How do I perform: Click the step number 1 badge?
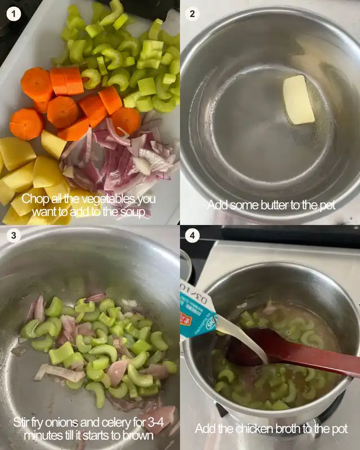coord(13,13)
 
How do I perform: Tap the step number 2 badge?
coord(192,13)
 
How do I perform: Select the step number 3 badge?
coord(13,236)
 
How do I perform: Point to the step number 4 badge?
coord(192,236)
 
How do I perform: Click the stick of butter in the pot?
coord(298,100)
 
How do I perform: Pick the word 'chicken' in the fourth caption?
coord(253,429)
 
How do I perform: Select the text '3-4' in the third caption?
coord(156,422)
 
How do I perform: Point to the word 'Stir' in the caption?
coord(21,422)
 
